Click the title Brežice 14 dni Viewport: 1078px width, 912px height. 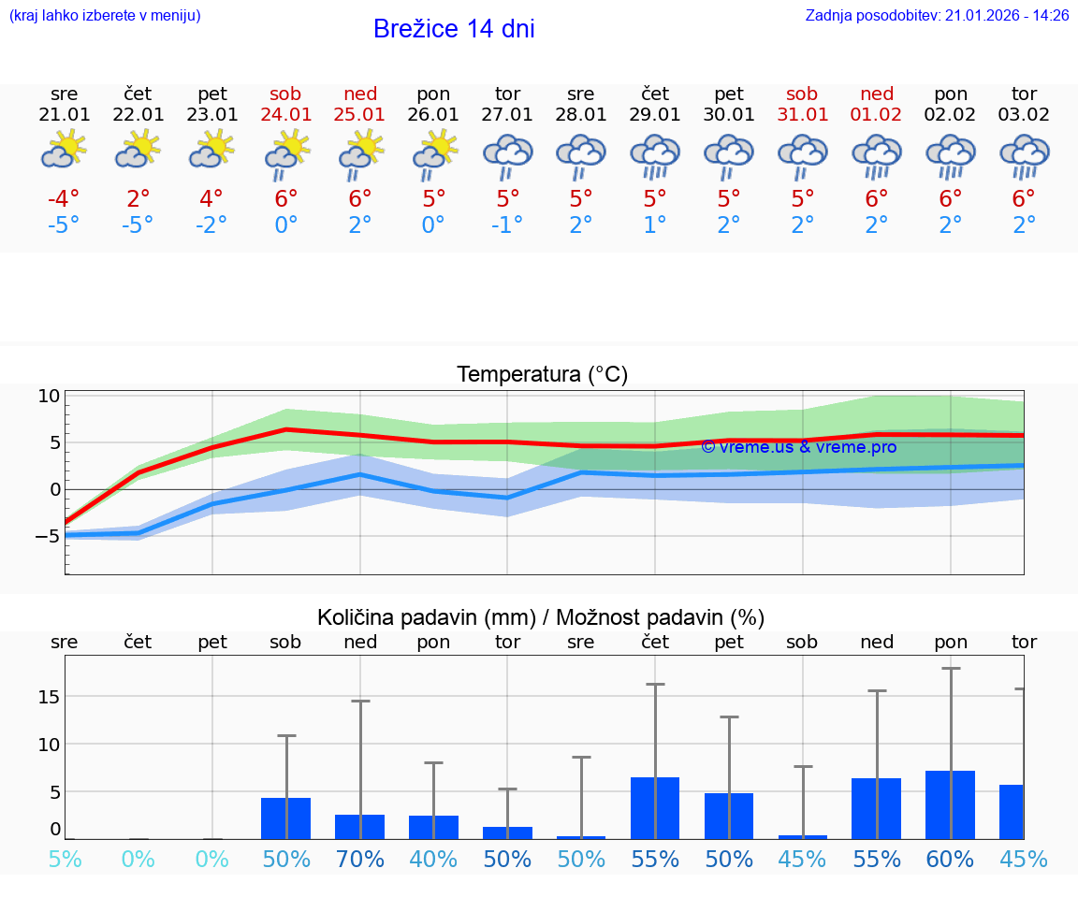click(x=454, y=29)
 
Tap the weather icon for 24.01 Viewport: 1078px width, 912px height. click(x=286, y=154)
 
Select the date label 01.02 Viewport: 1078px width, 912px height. click(x=877, y=114)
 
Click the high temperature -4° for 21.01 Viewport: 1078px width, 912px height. click(x=64, y=199)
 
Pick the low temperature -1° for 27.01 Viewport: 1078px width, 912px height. click(x=507, y=225)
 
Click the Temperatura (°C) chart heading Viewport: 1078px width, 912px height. click(x=542, y=375)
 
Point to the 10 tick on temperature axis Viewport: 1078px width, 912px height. click(x=49, y=396)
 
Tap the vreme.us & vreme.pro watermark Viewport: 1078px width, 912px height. click(x=798, y=447)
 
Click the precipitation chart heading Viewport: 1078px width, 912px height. click(x=541, y=617)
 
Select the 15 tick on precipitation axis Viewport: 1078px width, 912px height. click(x=50, y=697)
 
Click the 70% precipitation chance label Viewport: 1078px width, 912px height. click(x=359, y=859)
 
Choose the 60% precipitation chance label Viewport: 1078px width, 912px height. click(x=950, y=859)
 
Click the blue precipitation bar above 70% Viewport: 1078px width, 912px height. click(x=359, y=827)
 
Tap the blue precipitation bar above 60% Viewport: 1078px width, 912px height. click(x=950, y=804)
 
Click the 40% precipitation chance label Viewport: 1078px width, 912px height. click(x=433, y=859)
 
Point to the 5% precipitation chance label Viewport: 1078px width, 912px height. click(x=64, y=859)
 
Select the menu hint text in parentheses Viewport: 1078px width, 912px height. click(x=104, y=15)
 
